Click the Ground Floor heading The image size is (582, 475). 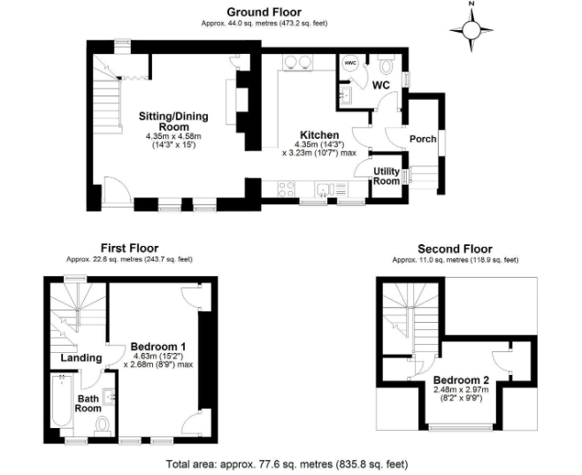coord(264,11)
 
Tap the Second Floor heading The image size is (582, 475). coord(455,249)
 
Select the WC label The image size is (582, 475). coord(380,85)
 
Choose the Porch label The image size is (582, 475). coord(422,140)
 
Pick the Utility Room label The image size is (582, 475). coord(387,175)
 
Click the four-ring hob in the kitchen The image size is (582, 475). coord(287,187)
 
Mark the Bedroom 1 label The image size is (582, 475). coord(157,345)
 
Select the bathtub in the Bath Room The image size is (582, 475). coord(63,402)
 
